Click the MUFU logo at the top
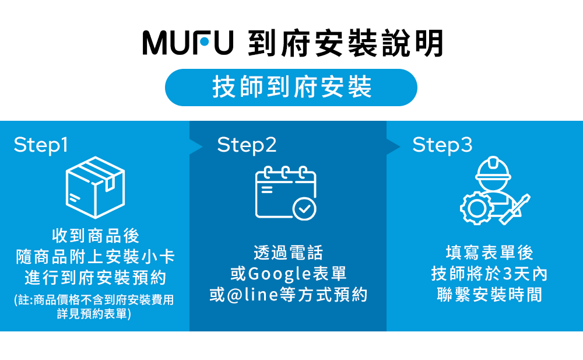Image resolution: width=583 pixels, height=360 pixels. pyautogui.click(x=188, y=43)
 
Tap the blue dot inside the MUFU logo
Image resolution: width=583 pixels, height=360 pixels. pyautogui.click(x=204, y=41)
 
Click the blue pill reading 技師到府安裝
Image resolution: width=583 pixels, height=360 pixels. pyautogui.click(x=291, y=88)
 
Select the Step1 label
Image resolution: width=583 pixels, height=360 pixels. pyautogui.click(x=41, y=145)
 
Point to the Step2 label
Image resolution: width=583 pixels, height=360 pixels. pyautogui.click(x=247, y=145)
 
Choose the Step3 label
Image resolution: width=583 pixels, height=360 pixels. pyautogui.click(x=442, y=145)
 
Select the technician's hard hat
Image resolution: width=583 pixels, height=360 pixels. pyautogui.click(x=493, y=169)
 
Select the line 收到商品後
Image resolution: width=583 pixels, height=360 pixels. pyautogui.click(x=96, y=236)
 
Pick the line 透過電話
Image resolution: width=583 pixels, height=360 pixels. pyautogui.click(x=288, y=253)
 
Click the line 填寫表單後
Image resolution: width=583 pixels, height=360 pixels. pyautogui.click(x=489, y=253)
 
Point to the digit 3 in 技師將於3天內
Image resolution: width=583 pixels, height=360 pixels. pyautogui.click(x=507, y=274)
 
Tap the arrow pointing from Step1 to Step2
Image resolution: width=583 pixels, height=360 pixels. pyautogui.click(x=196, y=146)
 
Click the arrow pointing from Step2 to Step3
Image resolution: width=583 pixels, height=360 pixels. pyautogui.click(x=394, y=146)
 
